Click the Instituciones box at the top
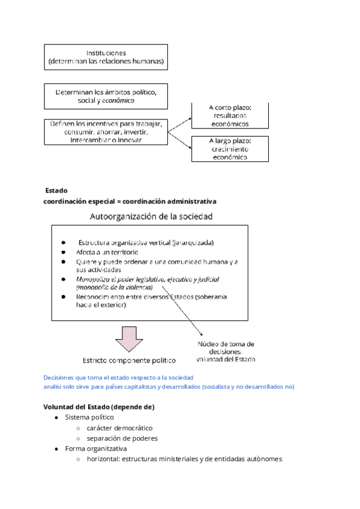(106, 57)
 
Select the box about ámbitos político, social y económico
(106, 96)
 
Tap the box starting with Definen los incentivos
(106, 131)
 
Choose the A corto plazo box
(221, 115)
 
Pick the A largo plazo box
(221, 149)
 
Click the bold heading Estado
(56, 190)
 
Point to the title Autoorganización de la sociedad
(151, 216)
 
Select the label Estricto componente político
(129, 360)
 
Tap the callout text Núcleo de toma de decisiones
(226, 352)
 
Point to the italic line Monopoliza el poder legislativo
(148, 279)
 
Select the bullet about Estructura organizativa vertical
(146, 242)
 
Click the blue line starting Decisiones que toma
(118, 378)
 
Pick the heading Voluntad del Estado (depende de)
(99, 406)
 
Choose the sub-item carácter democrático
(119, 428)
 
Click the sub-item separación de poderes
(121, 438)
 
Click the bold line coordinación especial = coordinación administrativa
(130, 200)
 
